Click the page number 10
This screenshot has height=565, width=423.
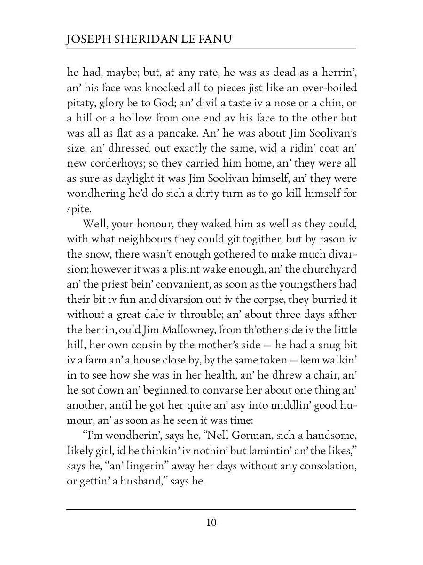[211, 523]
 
